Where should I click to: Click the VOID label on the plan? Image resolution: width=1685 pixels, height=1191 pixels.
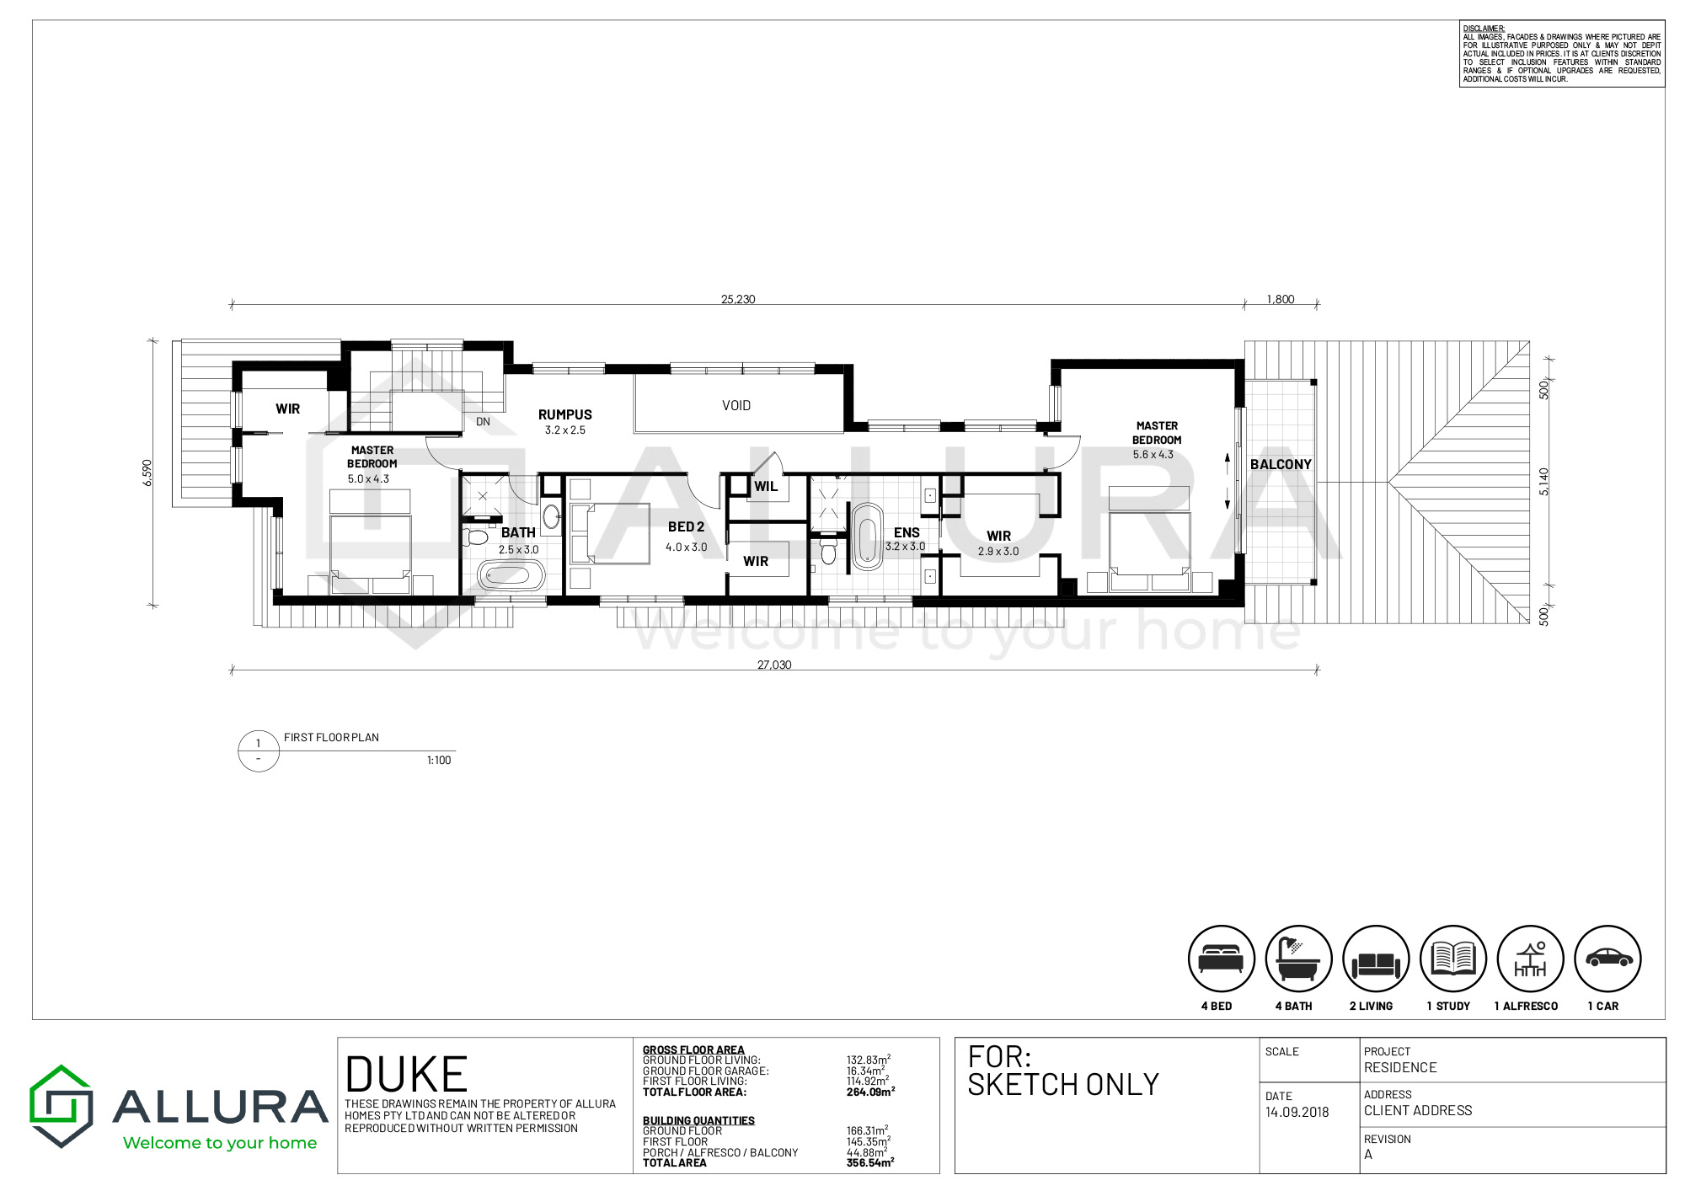736,406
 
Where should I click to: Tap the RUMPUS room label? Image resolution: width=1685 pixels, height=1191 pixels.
565,414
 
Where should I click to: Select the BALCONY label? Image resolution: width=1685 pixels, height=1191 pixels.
1281,464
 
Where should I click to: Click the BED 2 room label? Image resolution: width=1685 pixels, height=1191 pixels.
686,527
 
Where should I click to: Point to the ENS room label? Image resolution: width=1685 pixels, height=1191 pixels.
907,532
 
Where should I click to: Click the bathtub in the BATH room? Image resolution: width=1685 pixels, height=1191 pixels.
511,576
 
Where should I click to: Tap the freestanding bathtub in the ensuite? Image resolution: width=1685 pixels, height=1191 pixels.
867,537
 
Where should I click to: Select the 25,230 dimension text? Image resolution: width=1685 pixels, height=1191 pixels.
738,299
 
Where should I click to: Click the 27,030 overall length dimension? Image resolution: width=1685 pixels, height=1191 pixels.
774,665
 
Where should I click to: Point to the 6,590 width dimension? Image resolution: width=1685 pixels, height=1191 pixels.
147,473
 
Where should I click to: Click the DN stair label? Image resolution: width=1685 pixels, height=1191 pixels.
483,422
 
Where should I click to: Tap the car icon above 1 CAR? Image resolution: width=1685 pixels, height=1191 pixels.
1607,959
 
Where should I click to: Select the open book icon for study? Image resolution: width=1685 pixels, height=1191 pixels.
1452,959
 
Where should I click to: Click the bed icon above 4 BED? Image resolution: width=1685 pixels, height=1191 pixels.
1221,959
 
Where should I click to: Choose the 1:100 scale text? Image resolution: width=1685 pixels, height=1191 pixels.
439,761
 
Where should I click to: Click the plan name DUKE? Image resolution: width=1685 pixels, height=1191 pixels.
406,1075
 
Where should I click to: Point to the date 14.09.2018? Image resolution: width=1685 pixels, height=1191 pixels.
1297,1112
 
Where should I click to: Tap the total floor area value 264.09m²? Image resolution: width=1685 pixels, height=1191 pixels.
870,1092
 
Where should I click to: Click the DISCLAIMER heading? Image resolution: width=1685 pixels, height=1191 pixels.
1484,29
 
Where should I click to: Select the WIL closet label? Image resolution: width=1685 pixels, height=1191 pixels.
766,486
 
